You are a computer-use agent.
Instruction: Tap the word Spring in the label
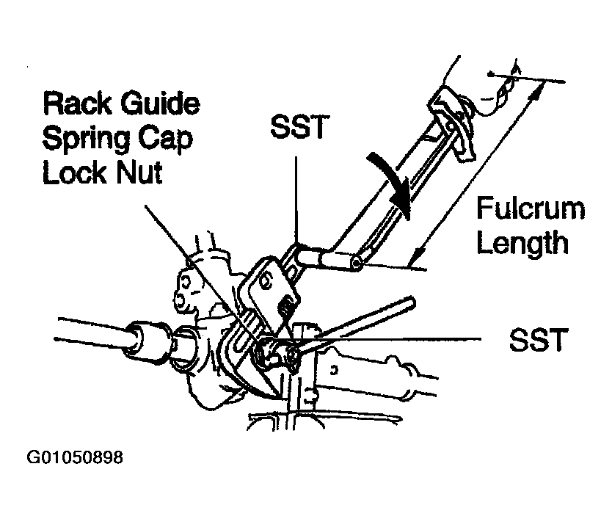(87, 139)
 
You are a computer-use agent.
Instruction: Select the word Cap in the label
(166, 139)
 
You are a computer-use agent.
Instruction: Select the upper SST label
(298, 127)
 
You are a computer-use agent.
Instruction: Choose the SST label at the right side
(538, 339)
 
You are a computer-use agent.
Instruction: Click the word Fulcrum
(531, 208)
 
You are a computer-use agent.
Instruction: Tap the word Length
(522, 243)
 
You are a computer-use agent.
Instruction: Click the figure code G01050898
(75, 457)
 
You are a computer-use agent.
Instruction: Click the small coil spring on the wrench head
(288, 305)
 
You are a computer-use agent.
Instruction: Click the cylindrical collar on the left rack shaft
(145, 339)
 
